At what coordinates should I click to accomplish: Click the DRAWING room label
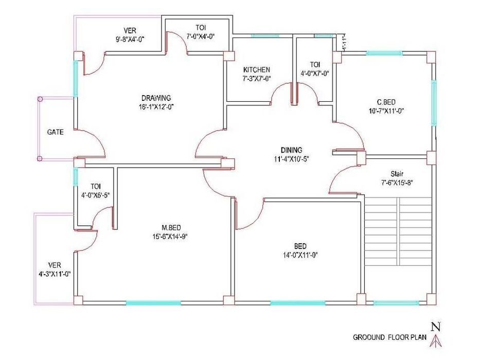[156, 98]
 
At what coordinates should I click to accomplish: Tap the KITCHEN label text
[257, 69]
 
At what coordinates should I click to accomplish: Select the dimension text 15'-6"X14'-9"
[170, 237]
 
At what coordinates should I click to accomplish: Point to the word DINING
[291, 150]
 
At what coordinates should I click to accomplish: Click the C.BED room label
[386, 102]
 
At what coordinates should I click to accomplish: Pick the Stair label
[397, 174]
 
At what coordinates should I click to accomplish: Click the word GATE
[56, 132]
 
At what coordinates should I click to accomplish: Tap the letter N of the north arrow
[436, 327]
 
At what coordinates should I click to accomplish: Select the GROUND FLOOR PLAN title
[389, 337]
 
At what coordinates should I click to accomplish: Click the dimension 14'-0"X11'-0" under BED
[300, 255]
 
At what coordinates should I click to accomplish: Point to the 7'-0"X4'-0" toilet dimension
[201, 36]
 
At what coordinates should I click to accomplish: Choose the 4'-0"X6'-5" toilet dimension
[96, 195]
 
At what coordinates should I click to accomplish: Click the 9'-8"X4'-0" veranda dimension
[130, 39]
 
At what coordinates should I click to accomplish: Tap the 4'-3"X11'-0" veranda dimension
[55, 274]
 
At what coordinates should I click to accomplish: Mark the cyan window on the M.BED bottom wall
[153, 303]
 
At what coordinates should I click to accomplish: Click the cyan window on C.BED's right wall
[434, 103]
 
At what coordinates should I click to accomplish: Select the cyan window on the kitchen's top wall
[265, 36]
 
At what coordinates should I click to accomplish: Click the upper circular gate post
[40, 99]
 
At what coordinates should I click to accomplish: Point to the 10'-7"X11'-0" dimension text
[386, 111]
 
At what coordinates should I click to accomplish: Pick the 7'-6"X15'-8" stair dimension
[397, 183]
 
